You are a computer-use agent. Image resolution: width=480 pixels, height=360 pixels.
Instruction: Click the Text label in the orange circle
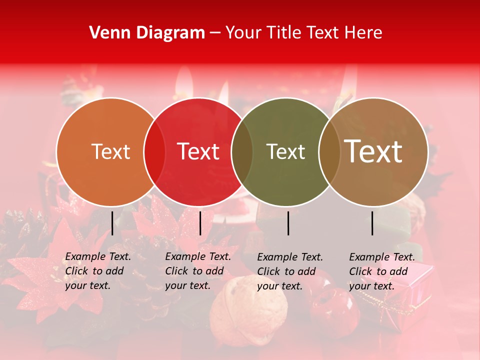tap(110, 151)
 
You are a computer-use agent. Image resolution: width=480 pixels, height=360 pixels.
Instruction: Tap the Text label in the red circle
tap(198, 151)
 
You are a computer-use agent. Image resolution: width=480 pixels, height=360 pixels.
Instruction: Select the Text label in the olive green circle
tap(285, 151)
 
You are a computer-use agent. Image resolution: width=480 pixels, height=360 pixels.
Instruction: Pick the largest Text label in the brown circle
tap(373, 151)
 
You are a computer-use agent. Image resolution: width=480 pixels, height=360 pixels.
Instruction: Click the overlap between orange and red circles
tap(154, 151)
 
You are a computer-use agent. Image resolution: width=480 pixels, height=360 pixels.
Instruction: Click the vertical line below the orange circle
tap(112, 223)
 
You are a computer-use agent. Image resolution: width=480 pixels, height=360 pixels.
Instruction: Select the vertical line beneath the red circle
tap(200, 223)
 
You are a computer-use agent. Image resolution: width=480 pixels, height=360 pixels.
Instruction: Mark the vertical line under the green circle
tap(288, 223)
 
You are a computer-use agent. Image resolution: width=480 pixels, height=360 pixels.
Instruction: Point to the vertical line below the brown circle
tap(372, 223)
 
